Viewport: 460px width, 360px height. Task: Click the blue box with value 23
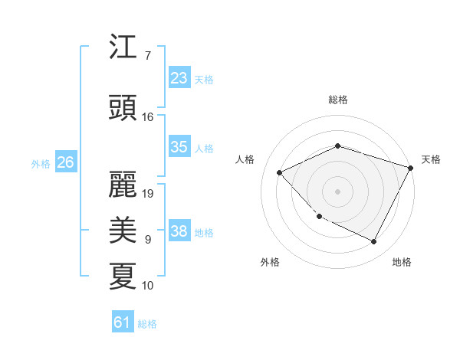tap(179, 78)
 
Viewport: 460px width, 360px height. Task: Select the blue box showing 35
tap(179, 147)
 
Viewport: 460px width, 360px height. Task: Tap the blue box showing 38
tap(179, 231)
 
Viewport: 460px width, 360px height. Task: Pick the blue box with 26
tap(65, 162)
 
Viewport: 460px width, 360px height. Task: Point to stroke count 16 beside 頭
tap(148, 117)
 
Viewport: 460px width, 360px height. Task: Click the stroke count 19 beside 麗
tap(148, 193)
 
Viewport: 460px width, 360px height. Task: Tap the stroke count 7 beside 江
tap(148, 56)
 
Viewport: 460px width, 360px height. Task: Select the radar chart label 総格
tap(337, 100)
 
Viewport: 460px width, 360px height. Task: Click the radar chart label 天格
tap(431, 159)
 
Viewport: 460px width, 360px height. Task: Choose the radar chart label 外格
tap(270, 262)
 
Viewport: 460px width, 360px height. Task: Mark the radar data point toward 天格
tap(412, 167)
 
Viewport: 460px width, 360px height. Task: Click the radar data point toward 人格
tap(280, 172)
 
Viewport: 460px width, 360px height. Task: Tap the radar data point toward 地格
tap(373, 241)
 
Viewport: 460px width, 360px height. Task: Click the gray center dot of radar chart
tap(337, 191)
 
